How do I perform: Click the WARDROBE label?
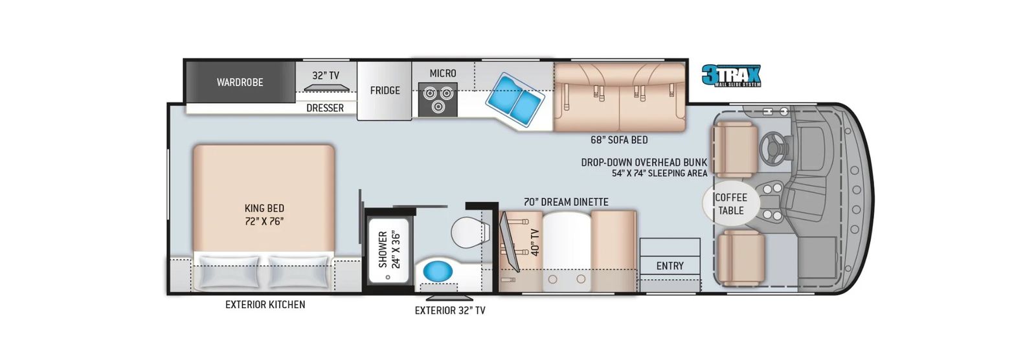[x=240, y=82]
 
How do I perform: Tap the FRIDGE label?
[x=385, y=90]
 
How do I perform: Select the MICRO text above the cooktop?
[x=443, y=73]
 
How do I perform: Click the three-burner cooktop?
[x=438, y=100]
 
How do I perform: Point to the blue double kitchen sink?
[x=515, y=99]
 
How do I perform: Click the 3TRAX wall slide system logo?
[x=731, y=75]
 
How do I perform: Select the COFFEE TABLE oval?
[x=731, y=203]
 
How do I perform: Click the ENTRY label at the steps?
[x=670, y=265]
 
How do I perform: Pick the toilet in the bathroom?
[x=470, y=232]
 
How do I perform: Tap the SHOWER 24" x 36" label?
[x=389, y=249]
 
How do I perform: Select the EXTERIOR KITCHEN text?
[x=265, y=304]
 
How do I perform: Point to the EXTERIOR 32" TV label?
[x=450, y=311]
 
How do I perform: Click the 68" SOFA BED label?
[x=619, y=140]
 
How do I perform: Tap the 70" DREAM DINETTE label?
[x=566, y=202]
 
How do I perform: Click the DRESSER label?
[x=324, y=108]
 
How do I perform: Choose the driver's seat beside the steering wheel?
[x=735, y=150]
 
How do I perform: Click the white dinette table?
[x=567, y=252]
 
